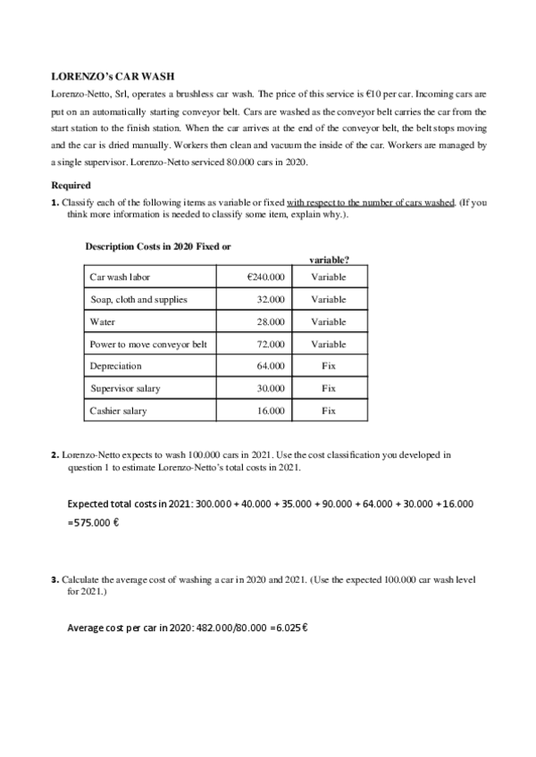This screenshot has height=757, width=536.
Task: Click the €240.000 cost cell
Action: point(265,278)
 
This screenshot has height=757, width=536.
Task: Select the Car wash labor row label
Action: point(120,278)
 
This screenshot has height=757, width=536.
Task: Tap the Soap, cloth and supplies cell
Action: point(138,300)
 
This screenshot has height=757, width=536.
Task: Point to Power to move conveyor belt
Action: point(148,345)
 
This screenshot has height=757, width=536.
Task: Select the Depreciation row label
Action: point(116,367)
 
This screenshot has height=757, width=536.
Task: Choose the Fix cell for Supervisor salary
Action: point(328,389)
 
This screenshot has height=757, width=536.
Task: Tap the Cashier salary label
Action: point(120,412)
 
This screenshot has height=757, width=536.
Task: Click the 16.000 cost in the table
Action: point(271,412)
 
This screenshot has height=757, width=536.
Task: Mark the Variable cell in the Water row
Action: point(328,322)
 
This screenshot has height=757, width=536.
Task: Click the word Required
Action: point(71,186)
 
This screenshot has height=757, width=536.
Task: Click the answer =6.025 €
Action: point(289,628)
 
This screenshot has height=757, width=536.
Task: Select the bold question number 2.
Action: point(55,455)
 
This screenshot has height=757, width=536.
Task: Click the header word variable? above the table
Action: point(328,260)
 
